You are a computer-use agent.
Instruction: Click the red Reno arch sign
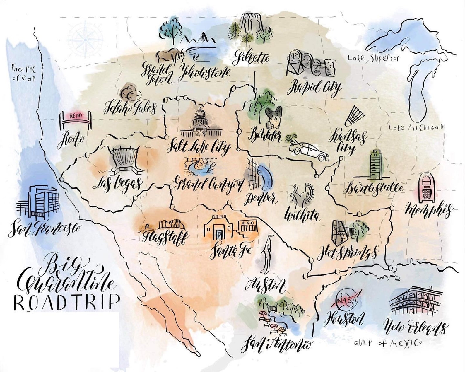click(76, 116)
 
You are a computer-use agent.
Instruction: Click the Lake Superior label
click(373, 58)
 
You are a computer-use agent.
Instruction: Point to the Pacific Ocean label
click(23, 74)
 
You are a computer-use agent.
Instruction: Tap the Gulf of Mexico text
click(388, 343)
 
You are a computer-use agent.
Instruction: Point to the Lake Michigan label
click(416, 127)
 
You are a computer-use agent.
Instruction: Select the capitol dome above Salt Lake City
click(200, 123)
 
